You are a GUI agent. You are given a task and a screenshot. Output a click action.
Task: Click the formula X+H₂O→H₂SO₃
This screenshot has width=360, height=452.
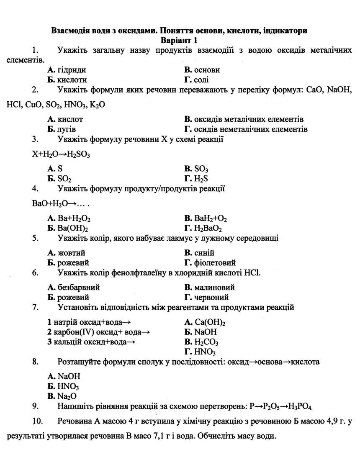61,154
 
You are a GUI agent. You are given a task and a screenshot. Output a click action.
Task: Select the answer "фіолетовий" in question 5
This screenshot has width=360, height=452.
210,263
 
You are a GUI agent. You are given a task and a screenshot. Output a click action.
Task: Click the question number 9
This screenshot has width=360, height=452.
35,406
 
